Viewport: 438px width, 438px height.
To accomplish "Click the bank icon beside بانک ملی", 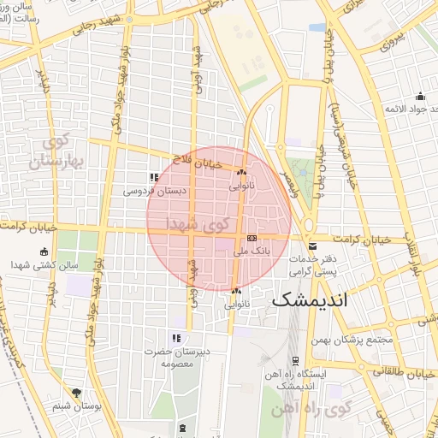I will tap(252, 239).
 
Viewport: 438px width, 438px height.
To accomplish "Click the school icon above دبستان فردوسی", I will tap(154, 178).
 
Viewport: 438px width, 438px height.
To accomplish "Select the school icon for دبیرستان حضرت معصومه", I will tap(176, 338).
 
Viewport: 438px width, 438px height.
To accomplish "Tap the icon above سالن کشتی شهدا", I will tap(44, 252).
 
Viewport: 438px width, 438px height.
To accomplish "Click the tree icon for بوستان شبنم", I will tap(77, 393).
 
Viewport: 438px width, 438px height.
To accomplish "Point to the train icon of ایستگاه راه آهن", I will tap(294, 359).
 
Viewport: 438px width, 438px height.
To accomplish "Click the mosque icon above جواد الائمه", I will tap(420, 96).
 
